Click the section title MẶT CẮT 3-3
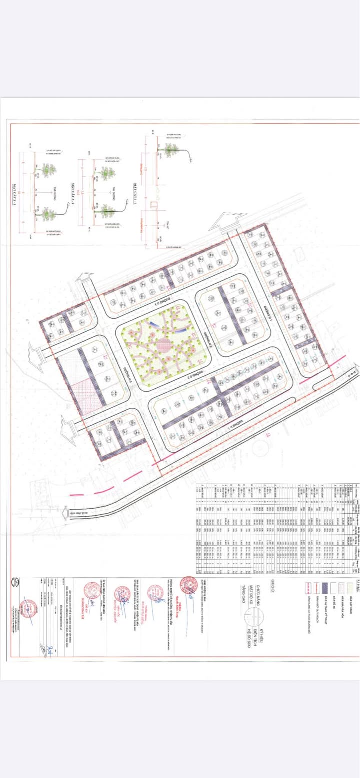16,192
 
